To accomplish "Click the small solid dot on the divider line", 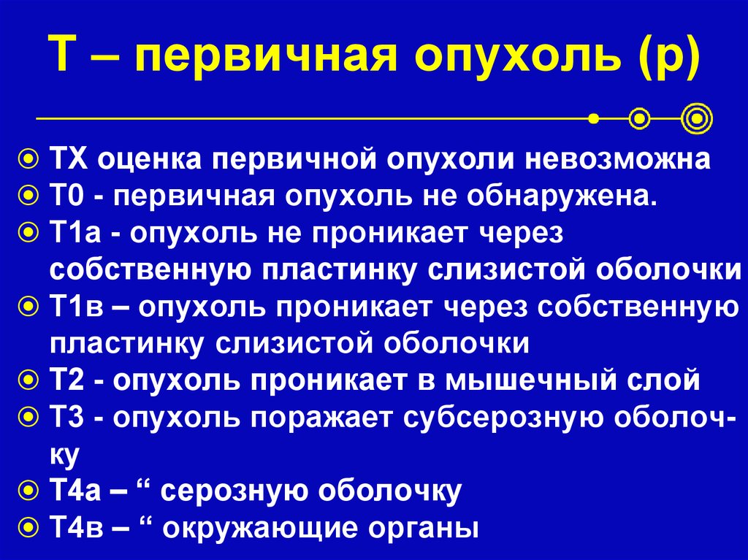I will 595,117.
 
